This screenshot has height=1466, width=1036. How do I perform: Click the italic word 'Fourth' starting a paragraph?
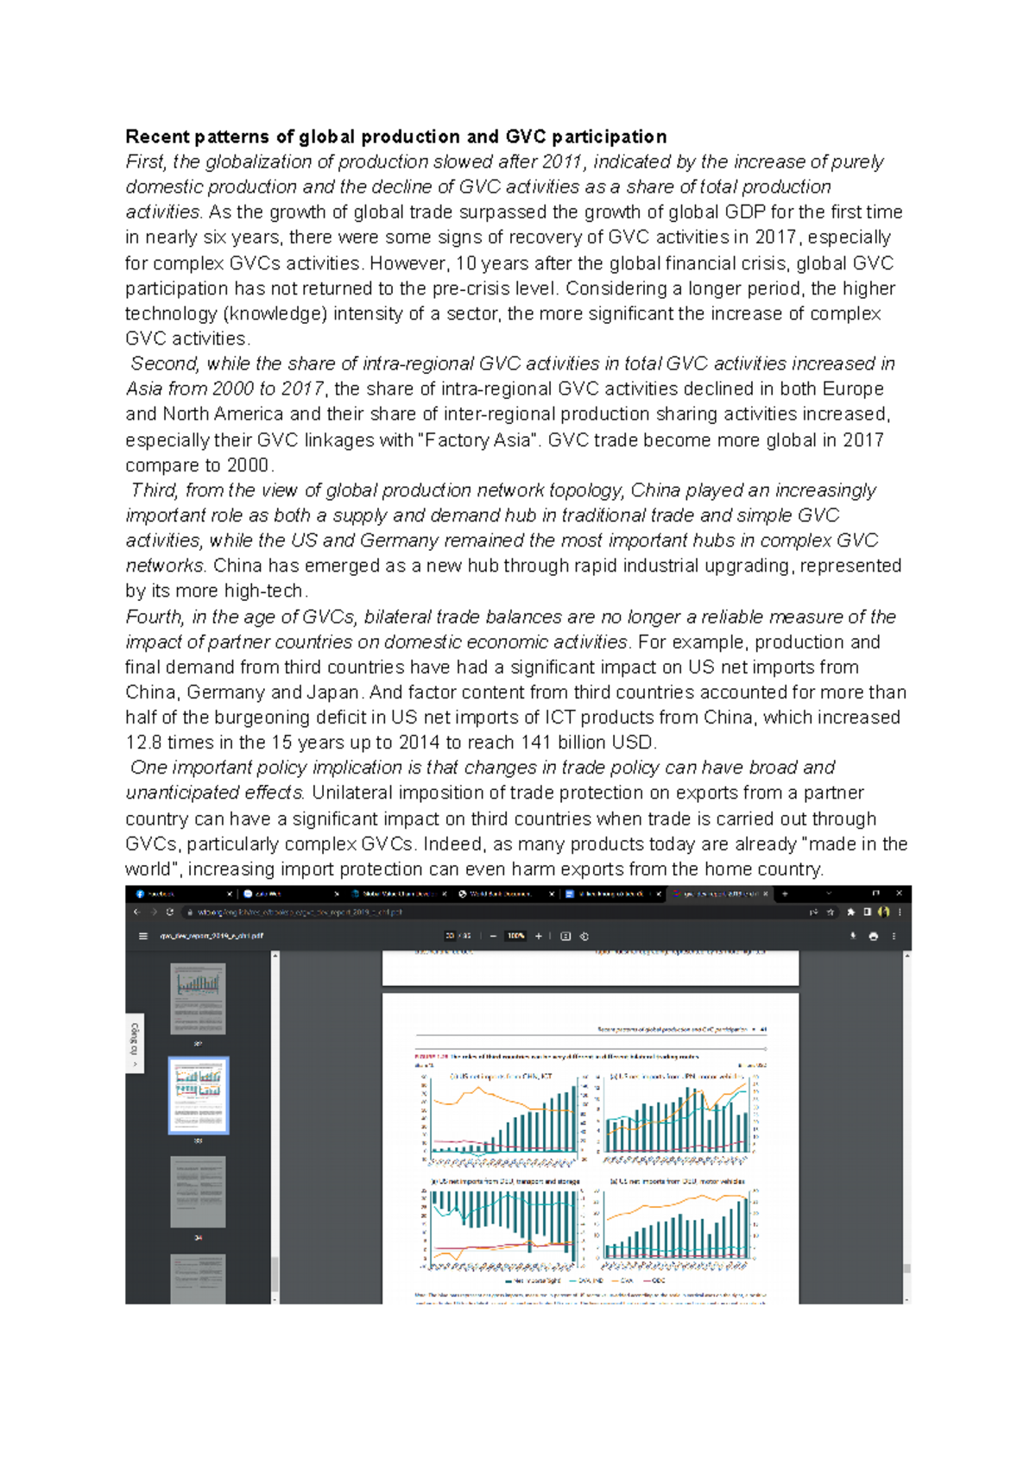[x=154, y=616]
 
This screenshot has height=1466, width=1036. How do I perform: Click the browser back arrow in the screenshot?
[x=137, y=912]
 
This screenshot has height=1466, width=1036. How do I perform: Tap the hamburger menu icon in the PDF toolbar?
[x=142, y=936]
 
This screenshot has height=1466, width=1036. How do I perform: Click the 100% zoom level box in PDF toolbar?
[x=516, y=936]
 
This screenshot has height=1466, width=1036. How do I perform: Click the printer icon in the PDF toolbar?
[x=873, y=936]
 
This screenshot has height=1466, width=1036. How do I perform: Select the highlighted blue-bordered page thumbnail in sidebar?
[x=199, y=1096]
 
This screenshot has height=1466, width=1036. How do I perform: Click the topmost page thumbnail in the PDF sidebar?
[x=199, y=998]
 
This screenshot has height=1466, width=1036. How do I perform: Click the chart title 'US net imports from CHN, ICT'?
[x=501, y=1077]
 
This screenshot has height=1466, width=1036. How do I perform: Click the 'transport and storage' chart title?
[x=506, y=1181]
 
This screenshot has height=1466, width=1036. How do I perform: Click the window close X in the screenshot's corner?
[x=899, y=894]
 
